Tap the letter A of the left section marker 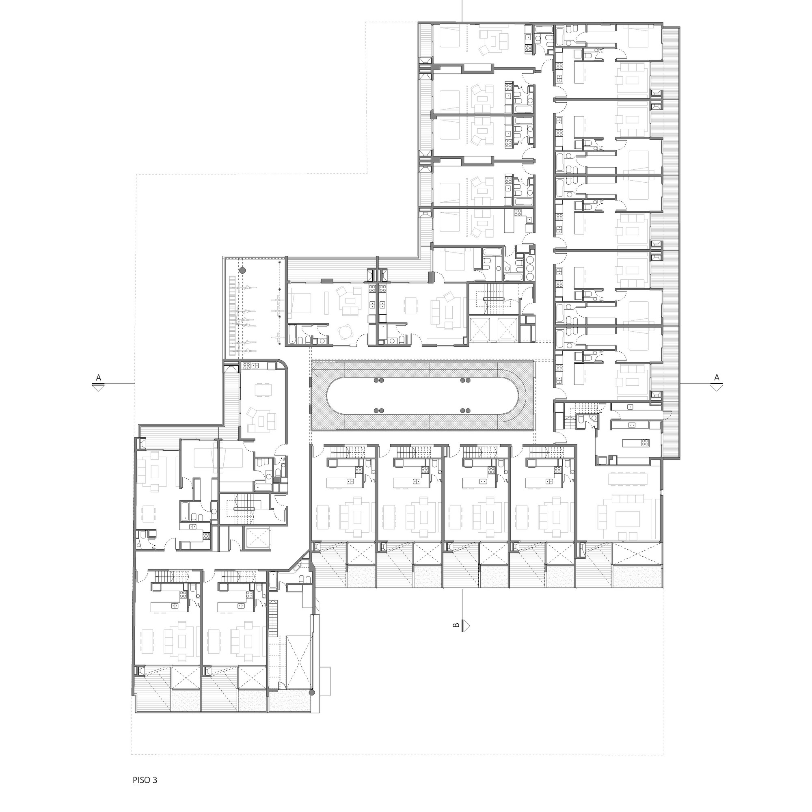click(98, 378)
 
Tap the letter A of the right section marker click(717, 378)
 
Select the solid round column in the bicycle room click(242, 271)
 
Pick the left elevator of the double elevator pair click(480, 329)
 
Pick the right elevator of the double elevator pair click(507, 329)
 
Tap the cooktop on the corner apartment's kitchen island click(644, 443)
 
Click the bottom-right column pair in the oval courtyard click(465, 410)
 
